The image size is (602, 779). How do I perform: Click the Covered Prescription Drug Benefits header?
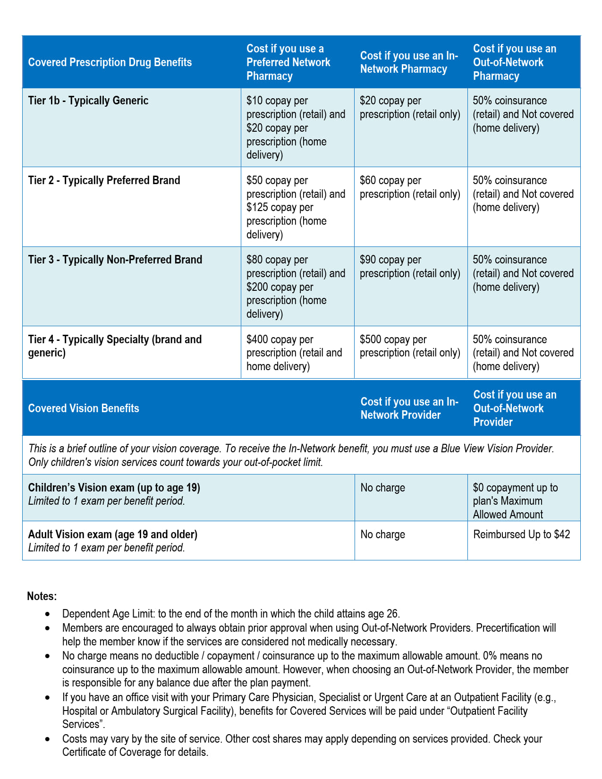pyautogui.click(x=110, y=62)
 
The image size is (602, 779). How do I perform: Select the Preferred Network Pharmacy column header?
pyautogui.click(x=288, y=62)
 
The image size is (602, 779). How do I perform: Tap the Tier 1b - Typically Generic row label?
pyautogui.click(x=88, y=101)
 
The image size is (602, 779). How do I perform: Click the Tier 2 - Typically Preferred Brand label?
pyautogui.click(x=104, y=180)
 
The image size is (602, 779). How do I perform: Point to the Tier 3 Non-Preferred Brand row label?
pyautogui.click(x=115, y=260)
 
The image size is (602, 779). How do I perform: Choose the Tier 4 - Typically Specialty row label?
pyautogui.click(x=115, y=346)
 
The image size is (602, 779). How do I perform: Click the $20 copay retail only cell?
pyautogui.click(x=410, y=108)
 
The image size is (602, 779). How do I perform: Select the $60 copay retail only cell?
pyautogui.click(x=410, y=187)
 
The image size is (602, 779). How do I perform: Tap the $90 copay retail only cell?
pyautogui.click(x=410, y=266)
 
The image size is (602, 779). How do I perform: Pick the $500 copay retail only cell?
pyautogui.click(x=410, y=346)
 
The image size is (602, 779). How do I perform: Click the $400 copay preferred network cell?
pyautogui.click(x=294, y=353)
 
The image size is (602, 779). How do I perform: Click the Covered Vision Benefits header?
pyautogui.click(x=84, y=408)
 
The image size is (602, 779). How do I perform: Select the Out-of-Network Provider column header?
pyautogui.click(x=515, y=408)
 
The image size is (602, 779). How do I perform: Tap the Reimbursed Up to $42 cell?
pyautogui.click(x=521, y=534)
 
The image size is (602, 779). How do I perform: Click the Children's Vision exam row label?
pyautogui.click(x=114, y=488)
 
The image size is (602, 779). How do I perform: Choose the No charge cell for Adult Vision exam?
pyautogui.click(x=383, y=534)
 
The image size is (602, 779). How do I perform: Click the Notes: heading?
pyautogui.click(x=42, y=596)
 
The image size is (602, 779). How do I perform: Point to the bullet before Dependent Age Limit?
pyautogui.click(x=47, y=614)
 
